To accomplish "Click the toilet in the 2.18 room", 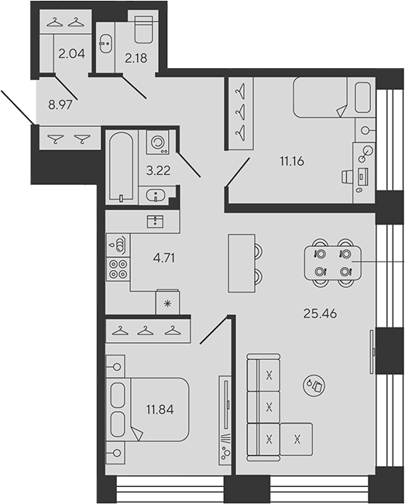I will coord(143,29).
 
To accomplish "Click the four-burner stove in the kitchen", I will coord(118,269).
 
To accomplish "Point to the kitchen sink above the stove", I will coord(118,246).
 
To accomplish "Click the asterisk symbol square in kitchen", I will coord(167,302).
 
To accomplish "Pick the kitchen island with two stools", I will coord(240,262).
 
